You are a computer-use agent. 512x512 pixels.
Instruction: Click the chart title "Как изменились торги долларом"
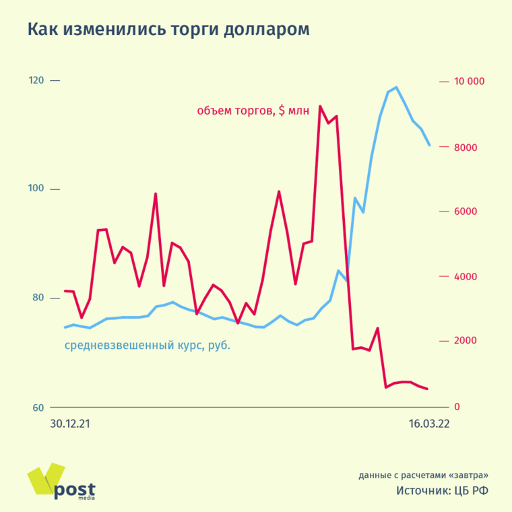pyautogui.click(x=168, y=30)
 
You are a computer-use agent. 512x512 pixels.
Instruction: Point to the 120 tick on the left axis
pyautogui.click(x=36, y=81)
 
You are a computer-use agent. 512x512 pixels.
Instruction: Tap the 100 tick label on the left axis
pyautogui.click(x=36, y=189)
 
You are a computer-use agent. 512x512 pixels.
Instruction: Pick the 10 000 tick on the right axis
pyautogui.click(x=470, y=82)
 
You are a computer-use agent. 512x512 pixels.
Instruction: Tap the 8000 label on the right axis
pyautogui.click(x=466, y=147)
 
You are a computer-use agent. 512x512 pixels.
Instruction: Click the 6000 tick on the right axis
pyautogui.click(x=466, y=212)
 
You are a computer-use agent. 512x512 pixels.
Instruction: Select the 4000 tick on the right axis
pyautogui.click(x=466, y=276)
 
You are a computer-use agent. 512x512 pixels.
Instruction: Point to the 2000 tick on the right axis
pyautogui.click(x=466, y=341)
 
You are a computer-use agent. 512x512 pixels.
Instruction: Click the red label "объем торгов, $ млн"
pyautogui.click(x=253, y=111)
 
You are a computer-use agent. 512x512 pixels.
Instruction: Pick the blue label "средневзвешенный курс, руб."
pyautogui.click(x=148, y=346)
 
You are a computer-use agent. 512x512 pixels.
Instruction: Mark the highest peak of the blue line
pyautogui.click(x=395, y=88)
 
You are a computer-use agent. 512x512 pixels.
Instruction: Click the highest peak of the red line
pyautogui.click(x=320, y=106)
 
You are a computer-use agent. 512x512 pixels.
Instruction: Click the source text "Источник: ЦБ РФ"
pyautogui.click(x=442, y=490)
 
